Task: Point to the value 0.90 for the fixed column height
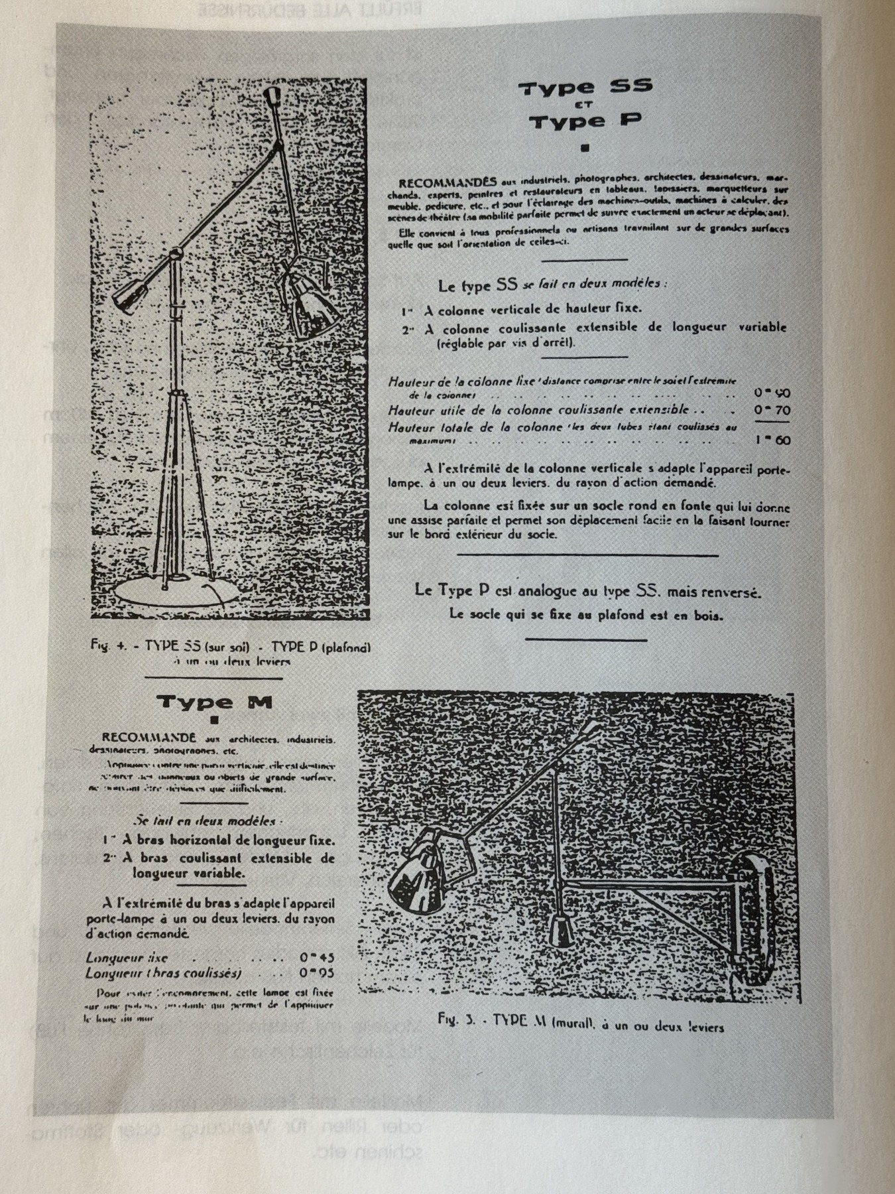pos(772,393)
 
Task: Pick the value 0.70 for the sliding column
pos(772,411)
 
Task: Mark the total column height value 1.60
pos(772,440)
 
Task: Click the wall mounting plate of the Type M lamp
pos(752,919)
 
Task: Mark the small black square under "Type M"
pos(213,719)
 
